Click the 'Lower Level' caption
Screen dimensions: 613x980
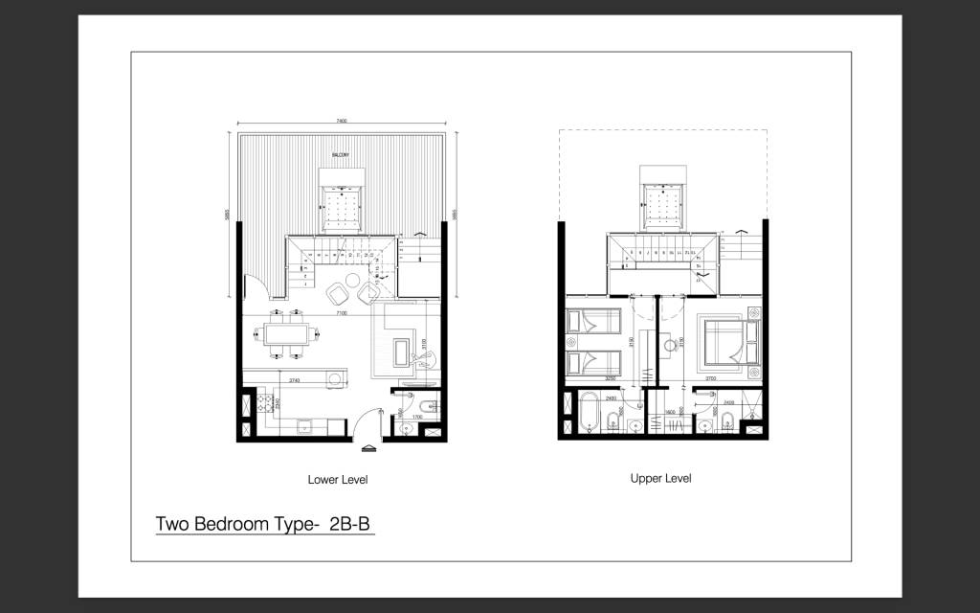pyautogui.click(x=337, y=479)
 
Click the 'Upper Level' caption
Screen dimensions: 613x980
pyautogui.click(x=660, y=478)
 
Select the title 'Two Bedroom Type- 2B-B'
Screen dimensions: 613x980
pyautogui.click(x=263, y=525)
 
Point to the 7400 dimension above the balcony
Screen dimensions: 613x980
pyautogui.click(x=341, y=122)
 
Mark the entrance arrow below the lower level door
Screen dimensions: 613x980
pyautogui.click(x=367, y=446)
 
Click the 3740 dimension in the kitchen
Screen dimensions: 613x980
pyautogui.click(x=296, y=380)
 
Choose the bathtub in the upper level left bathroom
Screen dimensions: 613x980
pyautogui.click(x=587, y=413)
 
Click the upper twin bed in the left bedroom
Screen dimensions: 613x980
pyautogui.click(x=593, y=325)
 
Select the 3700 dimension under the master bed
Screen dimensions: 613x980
pyautogui.click(x=711, y=378)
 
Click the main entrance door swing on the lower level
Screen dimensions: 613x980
pyautogui.click(x=361, y=419)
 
